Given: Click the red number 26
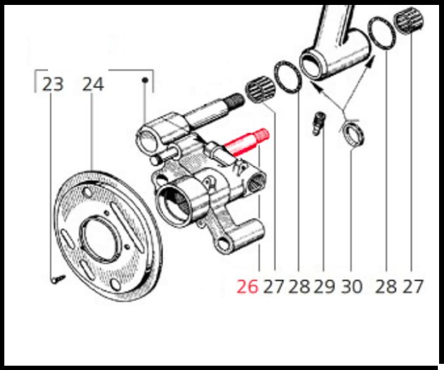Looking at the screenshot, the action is click(248, 286).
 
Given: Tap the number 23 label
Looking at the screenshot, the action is click(53, 84).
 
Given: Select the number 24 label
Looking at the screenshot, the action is click(93, 84).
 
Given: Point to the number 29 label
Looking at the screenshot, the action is click(325, 286).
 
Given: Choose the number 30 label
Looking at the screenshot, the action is click(352, 286).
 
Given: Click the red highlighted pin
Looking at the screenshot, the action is click(246, 142).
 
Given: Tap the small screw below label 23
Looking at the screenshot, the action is click(59, 279).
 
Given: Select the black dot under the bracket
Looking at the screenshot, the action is click(145, 81).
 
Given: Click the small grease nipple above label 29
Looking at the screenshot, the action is click(319, 123).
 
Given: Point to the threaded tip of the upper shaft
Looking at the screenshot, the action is click(235, 101).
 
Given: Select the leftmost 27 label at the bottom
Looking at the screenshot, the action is click(274, 286).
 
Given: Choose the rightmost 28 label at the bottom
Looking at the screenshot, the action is click(386, 286).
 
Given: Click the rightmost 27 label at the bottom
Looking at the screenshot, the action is click(413, 286).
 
